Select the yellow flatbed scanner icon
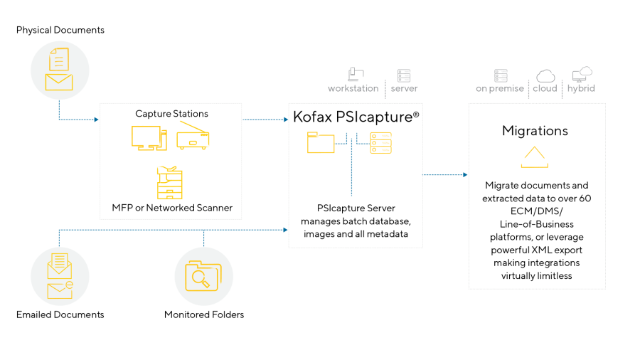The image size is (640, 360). pyautogui.click(x=193, y=135)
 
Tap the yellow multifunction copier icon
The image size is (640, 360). pyautogui.click(x=170, y=182)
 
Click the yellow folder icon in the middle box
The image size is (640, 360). pyautogui.click(x=321, y=142)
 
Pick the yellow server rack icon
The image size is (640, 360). pyautogui.click(x=380, y=143)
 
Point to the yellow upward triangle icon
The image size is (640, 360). pyautogui.click(x=534, y=157)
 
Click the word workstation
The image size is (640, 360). pyautogui.click(x=353, y=89)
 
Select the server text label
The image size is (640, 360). pyautogui.click(x=404, y=89)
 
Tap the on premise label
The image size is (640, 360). pyautogui.click(x=500, y=89)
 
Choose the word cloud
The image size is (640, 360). pyautogui.click(x=545, y=89)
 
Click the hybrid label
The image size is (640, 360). pyautogui.click(x=581, y=89)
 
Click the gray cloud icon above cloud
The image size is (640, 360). pyautogui.click(x=545, y=75)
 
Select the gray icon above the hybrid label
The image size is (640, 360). pyautogui.click(x=582, y=74)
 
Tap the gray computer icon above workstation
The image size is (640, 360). pyautogui.click(x=356, y=74)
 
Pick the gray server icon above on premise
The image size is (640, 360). pyautogui.click(x=501, y=75)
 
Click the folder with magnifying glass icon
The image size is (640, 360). pyautogui.click(x=203, y=276)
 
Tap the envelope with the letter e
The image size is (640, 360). pyautogui.click(x=60, y=290)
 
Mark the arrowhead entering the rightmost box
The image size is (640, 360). pyautogui.click(x=465, y=174)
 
